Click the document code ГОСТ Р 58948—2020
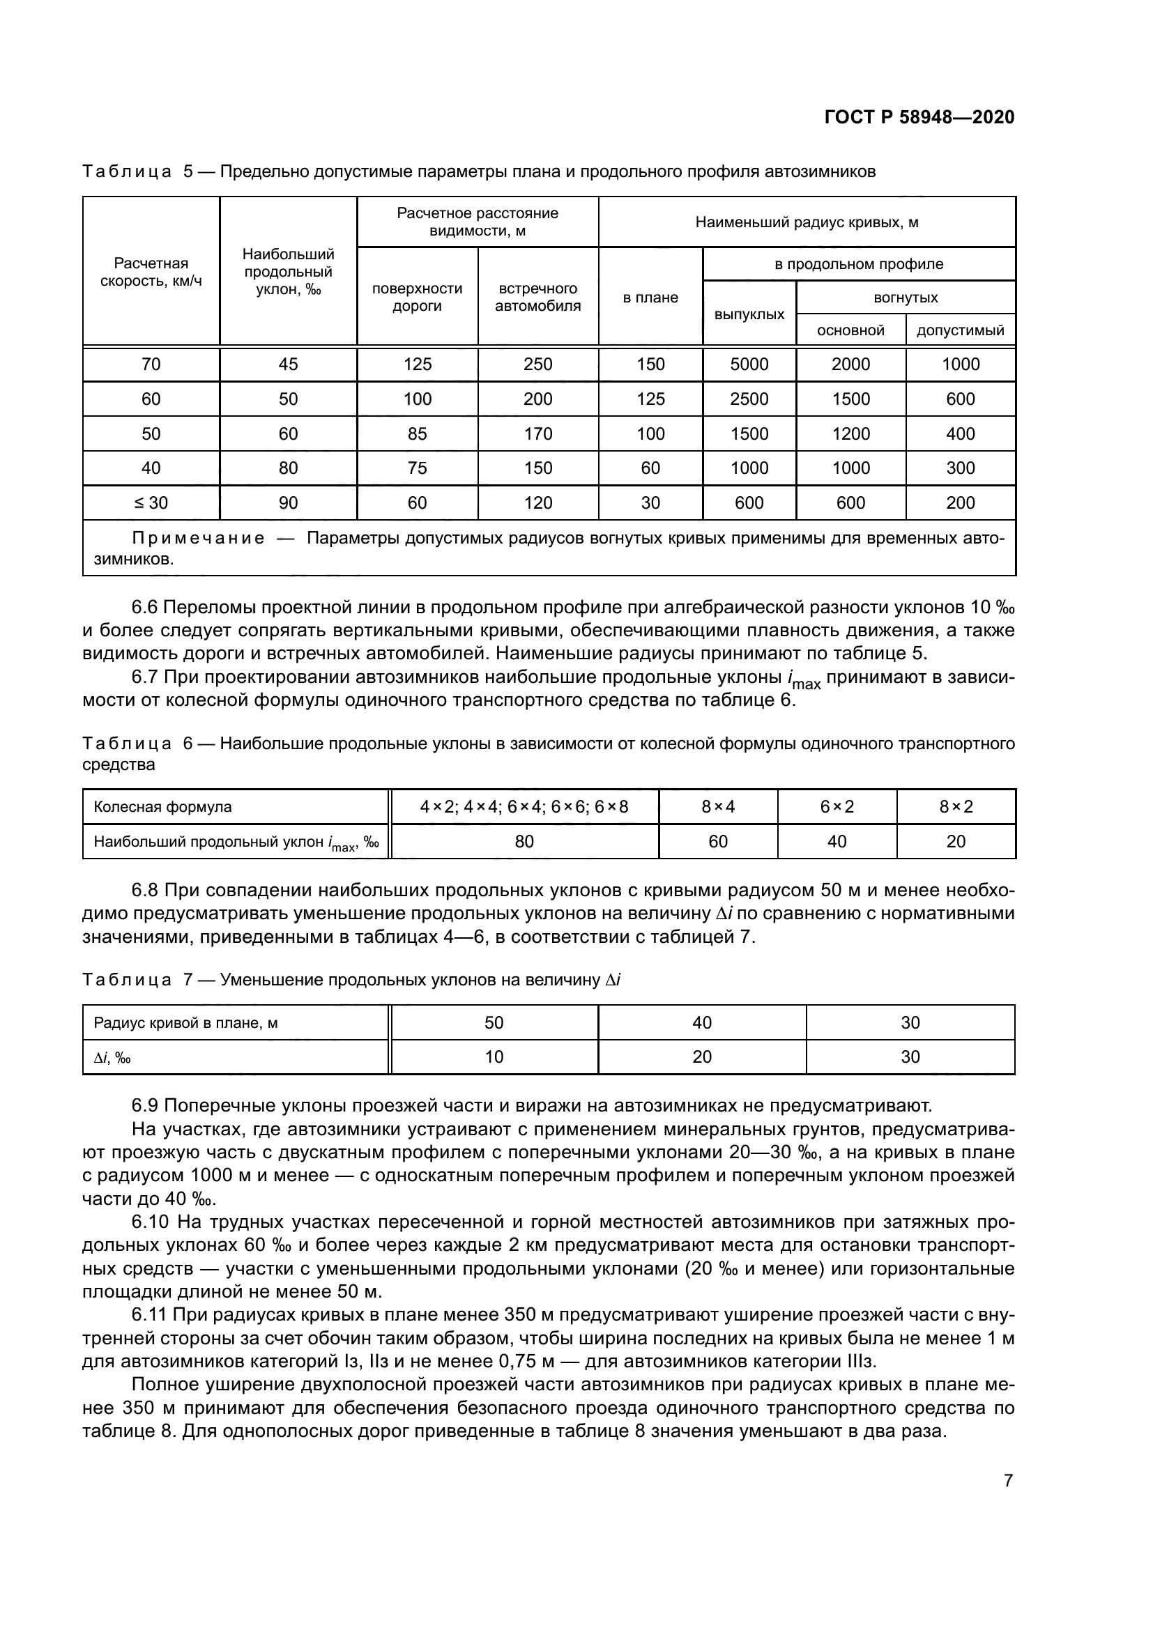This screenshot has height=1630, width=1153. (919, 118)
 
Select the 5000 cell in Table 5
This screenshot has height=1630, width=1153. (749, 364)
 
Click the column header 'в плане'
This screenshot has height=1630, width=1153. (650, 298)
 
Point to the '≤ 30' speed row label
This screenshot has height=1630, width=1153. (151, 502)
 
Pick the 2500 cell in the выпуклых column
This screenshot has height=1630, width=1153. (749, 399)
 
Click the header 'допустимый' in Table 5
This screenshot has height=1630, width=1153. (960, 330)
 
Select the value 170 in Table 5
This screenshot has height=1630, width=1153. (537, 433)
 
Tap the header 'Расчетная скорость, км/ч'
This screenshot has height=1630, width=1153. (151, 272)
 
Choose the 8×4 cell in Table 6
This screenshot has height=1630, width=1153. (718, 806)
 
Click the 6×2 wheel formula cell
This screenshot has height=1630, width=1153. (837, 806)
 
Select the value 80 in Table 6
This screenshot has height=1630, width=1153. (524, 841)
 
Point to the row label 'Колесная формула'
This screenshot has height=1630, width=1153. (162, 807)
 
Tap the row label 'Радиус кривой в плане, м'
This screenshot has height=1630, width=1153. (185, 1023)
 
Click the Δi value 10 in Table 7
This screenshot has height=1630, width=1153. (494, 1057)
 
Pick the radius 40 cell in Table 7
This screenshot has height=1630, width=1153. (701, 1022)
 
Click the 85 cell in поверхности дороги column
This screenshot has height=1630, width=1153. (417, 433)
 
